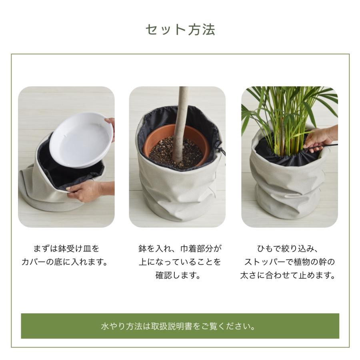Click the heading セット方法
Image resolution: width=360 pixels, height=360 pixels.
pyautogui.click(x=180, y=30)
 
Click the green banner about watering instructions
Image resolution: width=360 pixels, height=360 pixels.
pyautogui.click(x=180, y=326)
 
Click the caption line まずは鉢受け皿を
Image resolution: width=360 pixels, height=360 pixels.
pyautogui.click(x=66, y=249)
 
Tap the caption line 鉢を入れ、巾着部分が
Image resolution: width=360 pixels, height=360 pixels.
pyautogui.click(x=180, y=249)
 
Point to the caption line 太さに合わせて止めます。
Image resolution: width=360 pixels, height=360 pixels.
pyautogui.click(x=288, y=276)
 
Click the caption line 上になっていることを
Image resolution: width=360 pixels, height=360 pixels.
pyautogui.click(x=180, y=262)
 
